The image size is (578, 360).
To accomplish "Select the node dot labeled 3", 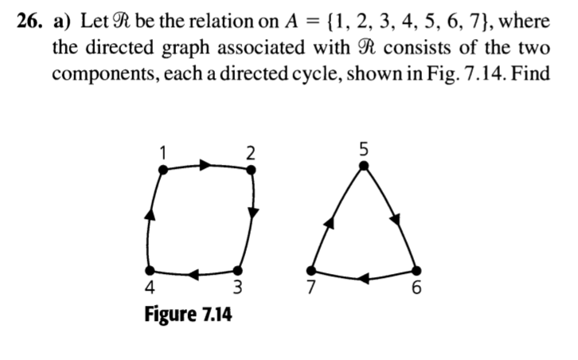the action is coord(236,272).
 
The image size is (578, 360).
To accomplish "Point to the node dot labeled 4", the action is coord(150,272).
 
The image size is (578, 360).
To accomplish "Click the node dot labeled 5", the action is coord(363,166).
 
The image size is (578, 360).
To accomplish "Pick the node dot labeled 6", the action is coord(416,270).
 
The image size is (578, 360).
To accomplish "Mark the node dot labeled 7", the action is coord(311,270).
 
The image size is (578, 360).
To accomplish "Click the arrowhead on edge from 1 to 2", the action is coord(205,165).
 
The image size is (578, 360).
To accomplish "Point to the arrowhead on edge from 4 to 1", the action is coord(148,211).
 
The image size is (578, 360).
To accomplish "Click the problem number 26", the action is coord(28,21).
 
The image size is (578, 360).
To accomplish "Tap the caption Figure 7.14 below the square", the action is coord(188,315).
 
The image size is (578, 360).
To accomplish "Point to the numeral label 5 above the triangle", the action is coord(363,148).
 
